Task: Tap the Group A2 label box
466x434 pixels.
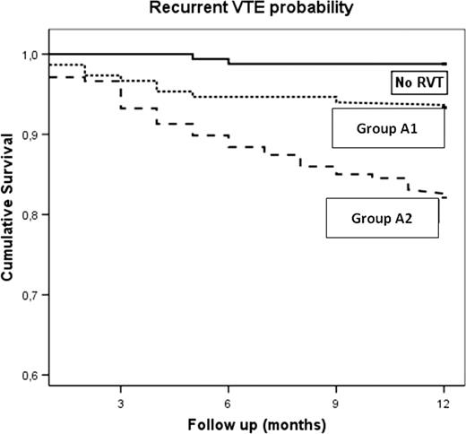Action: click(383, 218)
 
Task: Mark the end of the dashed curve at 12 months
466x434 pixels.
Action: click(444, 195)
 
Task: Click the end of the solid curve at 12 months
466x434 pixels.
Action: click(444, 64)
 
